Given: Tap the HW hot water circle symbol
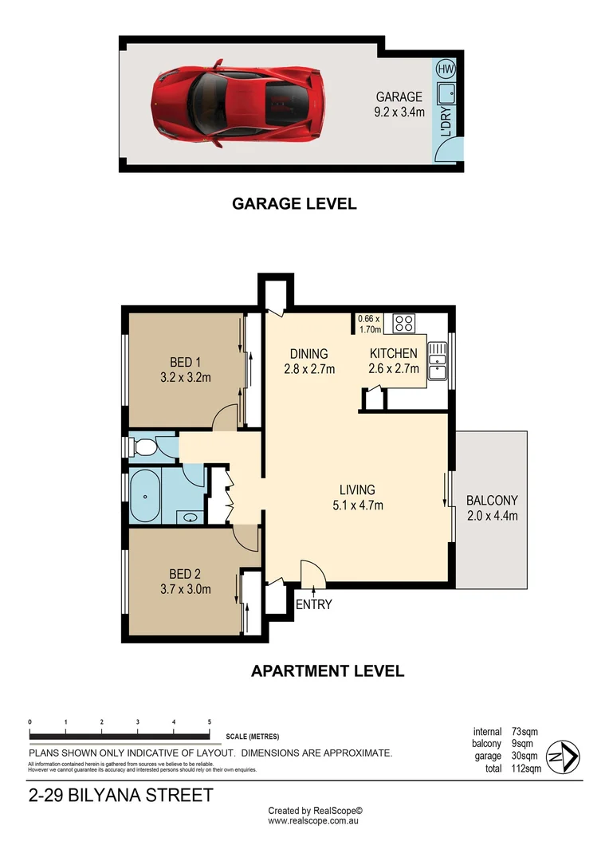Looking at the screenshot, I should pyautogui.click(x=446, y=69).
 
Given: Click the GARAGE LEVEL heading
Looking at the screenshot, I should pyautogui.click(x=294, y=203).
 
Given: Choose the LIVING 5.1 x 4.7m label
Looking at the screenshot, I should pyautogui.click(x=356, y=497).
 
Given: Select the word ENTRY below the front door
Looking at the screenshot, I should pyautogui.click(x=313, y=604).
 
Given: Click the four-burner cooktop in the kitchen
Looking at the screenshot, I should pyautogui.click(x=404, y=324).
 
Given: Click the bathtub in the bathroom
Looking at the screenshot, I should pyautogui.click(x=144, y=495).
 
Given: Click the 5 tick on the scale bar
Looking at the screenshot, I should pyautogui.click(x=209, y=721).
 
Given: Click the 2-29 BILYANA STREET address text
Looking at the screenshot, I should pyautogui.click(x=120, y=796).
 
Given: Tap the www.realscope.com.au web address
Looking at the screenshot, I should pyautogui.click(x=315, y=820).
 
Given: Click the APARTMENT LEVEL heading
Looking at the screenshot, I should pyautogui.click(x=327, y=670).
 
